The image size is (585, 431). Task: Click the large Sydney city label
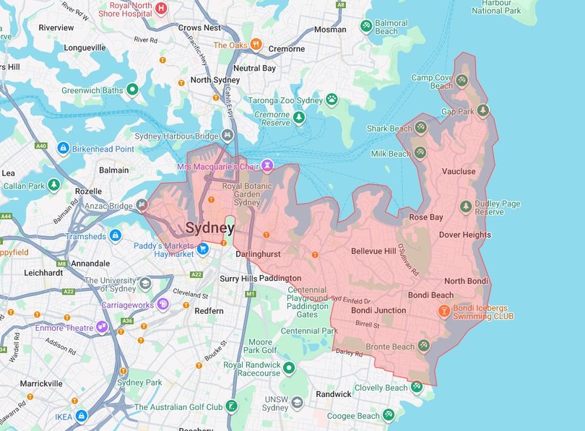209,228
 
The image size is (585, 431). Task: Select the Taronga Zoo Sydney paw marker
331,100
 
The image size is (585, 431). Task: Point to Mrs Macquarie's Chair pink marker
267,166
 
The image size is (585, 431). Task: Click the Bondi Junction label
378,310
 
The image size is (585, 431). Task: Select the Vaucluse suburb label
459,172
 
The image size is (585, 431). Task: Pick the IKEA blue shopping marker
82,416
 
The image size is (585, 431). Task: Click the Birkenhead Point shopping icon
63,149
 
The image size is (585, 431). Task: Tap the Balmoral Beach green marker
366,27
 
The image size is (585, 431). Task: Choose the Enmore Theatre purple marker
102,328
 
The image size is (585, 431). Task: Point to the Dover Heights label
464,235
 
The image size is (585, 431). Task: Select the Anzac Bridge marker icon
142,205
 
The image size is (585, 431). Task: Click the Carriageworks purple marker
163,305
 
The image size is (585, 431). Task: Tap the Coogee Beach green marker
389,414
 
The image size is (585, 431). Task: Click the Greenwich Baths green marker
132,90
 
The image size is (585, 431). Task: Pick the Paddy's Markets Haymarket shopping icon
204,249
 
